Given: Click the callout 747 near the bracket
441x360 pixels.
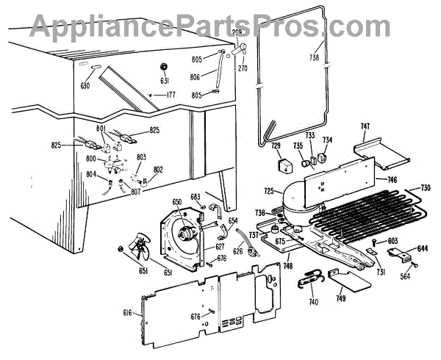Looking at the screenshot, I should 365,127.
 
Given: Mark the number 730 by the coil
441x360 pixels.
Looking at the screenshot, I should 426,189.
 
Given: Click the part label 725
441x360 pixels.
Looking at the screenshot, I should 269,192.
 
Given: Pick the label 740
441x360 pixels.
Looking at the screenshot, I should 314,302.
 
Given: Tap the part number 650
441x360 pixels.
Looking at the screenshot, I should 177,201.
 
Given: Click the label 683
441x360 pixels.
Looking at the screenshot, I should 196,197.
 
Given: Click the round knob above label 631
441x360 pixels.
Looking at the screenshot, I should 165,68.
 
